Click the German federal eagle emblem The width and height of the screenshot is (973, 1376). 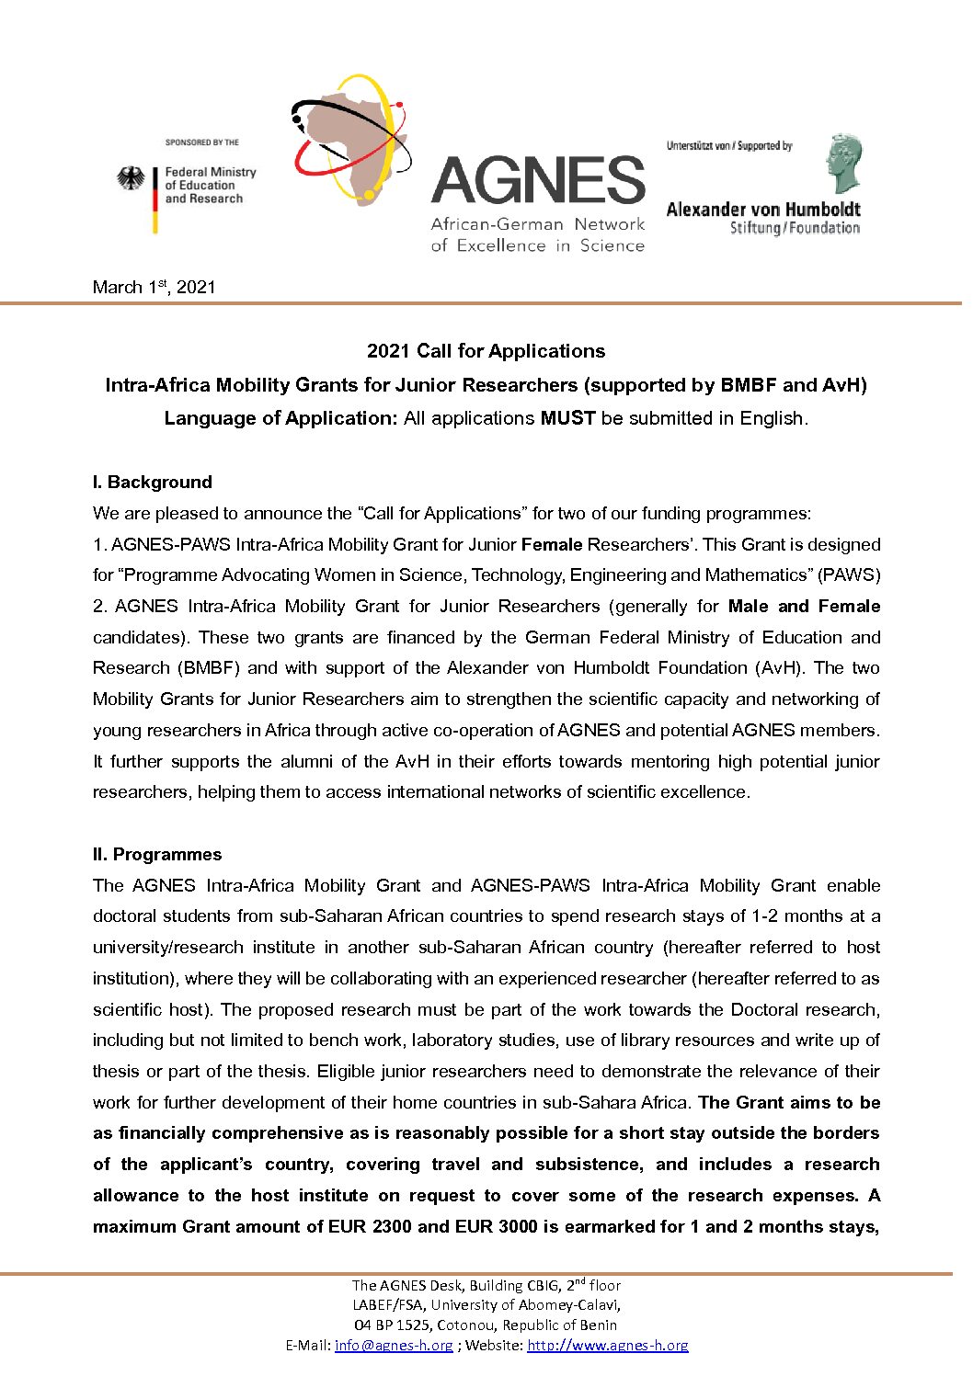pos(132,178)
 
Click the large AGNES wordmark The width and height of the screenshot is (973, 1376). pos(538,180)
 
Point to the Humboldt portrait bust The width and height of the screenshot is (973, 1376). pos(842,164)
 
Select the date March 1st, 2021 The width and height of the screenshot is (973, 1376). pos(154,287)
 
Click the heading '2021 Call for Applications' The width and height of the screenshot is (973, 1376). pos(486,351)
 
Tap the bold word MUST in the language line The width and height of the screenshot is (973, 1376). pos(567,418)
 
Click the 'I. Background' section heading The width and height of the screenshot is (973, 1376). pos(152,483)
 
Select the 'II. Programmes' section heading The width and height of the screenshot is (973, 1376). pos(156,855)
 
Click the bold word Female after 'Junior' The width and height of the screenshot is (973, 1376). pos(552,544)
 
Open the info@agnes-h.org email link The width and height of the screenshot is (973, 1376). pos(394,1346)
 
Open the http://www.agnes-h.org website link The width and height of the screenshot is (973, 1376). pos(607,1346)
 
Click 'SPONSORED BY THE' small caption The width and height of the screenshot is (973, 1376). pos(201,142)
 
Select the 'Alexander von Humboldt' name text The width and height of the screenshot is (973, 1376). pos(762,210)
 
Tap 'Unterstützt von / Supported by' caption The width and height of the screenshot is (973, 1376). pos(729,145)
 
